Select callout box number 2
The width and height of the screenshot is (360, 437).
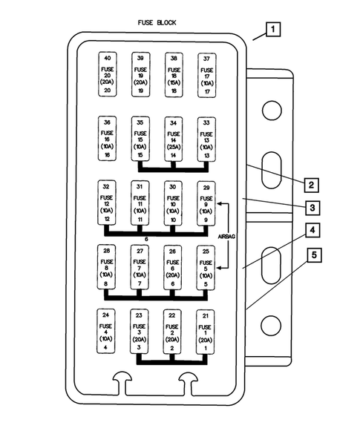312,184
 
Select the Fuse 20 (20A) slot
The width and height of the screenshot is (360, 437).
108,74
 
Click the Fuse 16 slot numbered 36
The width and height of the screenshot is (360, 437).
108,138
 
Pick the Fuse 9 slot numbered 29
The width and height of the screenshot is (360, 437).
206,202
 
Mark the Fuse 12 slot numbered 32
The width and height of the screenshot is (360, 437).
108,202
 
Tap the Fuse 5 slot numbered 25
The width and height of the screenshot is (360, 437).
206,266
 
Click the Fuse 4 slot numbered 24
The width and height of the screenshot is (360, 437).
108,330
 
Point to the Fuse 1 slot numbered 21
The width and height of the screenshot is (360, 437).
206,330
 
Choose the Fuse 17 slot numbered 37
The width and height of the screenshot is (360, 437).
206,74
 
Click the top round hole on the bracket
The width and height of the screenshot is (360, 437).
271,111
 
